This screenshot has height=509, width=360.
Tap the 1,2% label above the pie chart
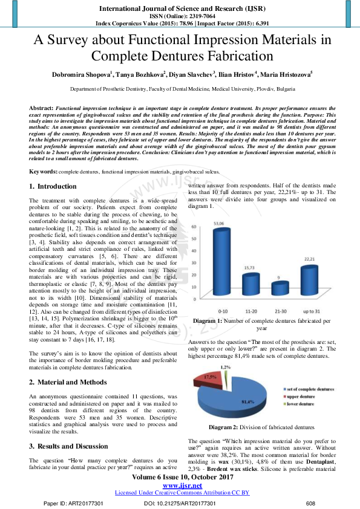click(x=225, y=366)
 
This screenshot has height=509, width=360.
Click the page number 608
click(x=311, y=503)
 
